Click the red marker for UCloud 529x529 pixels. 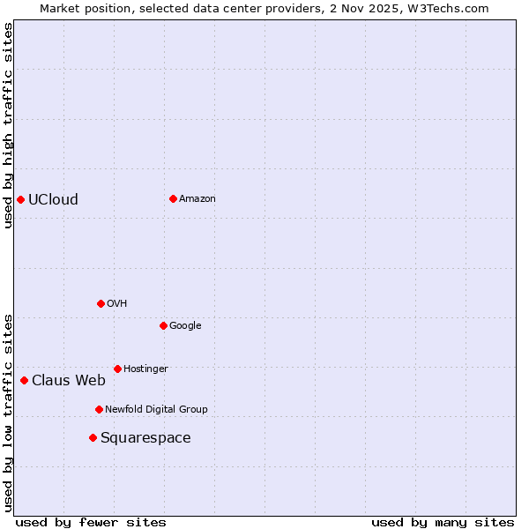[x=20, y=199]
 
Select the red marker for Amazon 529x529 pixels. [x=173, y=198]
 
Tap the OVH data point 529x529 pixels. [x=101, y=303]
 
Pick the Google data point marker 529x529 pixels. [x=163, y=325]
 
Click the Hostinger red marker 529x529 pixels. [x=117, y=369]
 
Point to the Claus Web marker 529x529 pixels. [x=24, y=380]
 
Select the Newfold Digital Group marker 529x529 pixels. [x=99, y=409]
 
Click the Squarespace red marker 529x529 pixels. [x=93, y=437]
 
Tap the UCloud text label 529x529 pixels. [x=53, y=199]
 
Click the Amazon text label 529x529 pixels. [x=197, y=199]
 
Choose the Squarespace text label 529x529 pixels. [x=145, y=438]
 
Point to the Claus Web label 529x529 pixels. [x=69, y=381]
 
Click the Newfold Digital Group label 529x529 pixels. [x=156, y=409]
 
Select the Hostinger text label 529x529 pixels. [x=145, y=369]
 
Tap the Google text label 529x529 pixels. [x=185, y=326]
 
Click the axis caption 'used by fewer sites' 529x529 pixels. [x=91, y=522]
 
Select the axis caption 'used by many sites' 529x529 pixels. [x=443, y=522]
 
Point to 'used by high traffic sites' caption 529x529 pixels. [x=8, y=125]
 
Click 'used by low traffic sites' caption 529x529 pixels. [x=8, y=412]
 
